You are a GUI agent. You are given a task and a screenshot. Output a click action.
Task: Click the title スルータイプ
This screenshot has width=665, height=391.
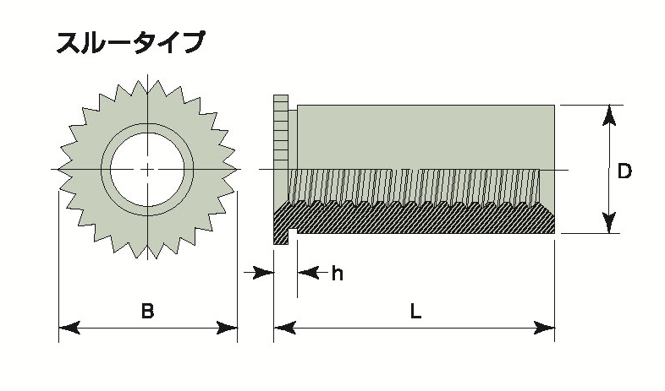pyautogui.click(x=129, y=43)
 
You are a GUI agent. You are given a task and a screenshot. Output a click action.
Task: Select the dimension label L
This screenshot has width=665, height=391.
pyautogui.click(x=415, y=311)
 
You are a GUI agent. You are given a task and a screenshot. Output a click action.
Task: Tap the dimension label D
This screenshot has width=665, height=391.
pyautogui.click(x=624, y=171)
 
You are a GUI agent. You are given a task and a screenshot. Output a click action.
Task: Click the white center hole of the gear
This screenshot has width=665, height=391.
pyautogui.click(x=147, y=170)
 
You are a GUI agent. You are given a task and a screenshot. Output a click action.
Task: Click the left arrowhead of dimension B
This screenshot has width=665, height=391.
pyautogui.click(x=68, y=328)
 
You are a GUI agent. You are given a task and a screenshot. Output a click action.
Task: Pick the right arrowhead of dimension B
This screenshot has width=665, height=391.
pyautogui.click(x=227, y=328)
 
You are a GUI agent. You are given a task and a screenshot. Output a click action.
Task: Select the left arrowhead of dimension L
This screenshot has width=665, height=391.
pyautogui.click(x=283, y=328)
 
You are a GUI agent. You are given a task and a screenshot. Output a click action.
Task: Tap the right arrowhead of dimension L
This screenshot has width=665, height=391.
pyautogui.click(x=544, y=328)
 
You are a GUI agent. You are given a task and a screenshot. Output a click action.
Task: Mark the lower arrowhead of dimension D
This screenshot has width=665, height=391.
pyautogui.click(x=607, y=223)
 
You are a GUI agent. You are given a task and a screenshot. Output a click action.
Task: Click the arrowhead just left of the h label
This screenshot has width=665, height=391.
pyautogui.click(x=308, y=272)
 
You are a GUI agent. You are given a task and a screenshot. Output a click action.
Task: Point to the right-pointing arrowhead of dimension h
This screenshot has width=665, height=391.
pyautogui.click(x=266, y=272)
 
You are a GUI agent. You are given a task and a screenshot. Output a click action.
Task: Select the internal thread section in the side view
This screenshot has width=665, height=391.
pyautogui.click(x=415, y=187)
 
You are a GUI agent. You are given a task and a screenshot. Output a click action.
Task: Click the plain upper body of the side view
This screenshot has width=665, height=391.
pyautogui.click(x=423, y=135)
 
